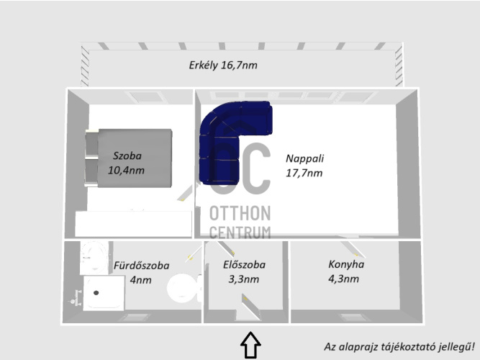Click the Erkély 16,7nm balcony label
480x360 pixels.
coord(223,66)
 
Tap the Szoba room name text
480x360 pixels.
coord(127,156)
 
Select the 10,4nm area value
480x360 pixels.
coord(126,171)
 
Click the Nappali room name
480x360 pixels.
coord(305,158)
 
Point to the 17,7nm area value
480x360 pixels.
coord(304,173)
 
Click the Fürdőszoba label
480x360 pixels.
coord(142,266)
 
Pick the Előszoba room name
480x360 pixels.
coord(244,265)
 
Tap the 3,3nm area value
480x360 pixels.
coord(244,279)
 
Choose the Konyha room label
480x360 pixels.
coord(346,264)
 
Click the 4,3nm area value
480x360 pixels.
coord(343,279)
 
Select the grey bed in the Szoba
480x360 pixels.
coord(129,158)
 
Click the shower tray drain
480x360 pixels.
coord(96,293)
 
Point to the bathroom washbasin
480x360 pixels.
coord(94,257)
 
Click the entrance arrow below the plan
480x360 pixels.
coord(250,345)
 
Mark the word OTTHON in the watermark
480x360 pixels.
coord(240,213)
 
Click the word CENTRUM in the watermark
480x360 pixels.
coord(240,233)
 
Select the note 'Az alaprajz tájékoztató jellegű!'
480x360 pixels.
coord(399,347)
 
